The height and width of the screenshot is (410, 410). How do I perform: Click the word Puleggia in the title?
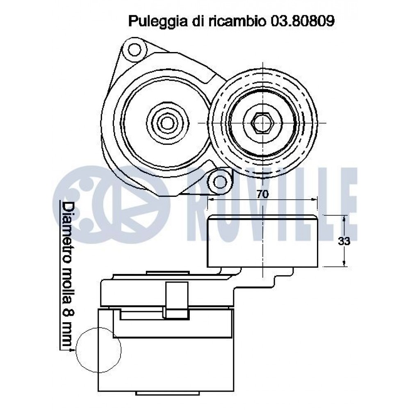pos(158,22)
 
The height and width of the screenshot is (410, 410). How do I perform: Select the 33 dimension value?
pos(344,241)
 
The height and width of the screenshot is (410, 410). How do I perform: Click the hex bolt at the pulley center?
pos(262,123)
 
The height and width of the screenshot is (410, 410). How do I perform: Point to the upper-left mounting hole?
pos(134,50)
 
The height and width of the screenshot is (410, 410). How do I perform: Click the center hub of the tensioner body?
pos(167,122)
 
